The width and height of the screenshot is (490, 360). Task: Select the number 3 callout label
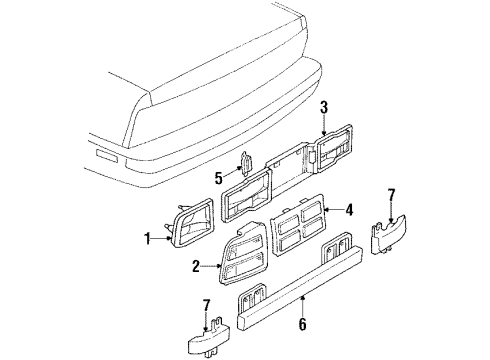(x=324, y=109)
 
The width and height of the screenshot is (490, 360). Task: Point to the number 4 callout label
(x=349, y=212)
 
